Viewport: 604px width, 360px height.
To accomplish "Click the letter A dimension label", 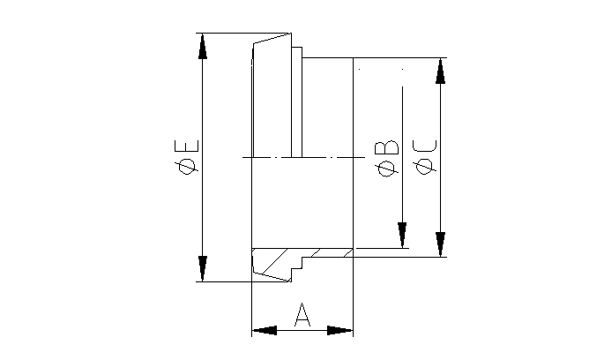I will [302, 315].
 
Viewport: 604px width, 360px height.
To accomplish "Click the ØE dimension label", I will [188, 157].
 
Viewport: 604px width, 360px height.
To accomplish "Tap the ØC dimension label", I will [425, 157].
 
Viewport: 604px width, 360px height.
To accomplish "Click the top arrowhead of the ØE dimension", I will [203, 46].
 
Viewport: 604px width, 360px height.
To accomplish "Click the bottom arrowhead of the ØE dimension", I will [203, 269].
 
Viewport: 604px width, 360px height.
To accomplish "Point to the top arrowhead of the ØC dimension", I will [440, 71].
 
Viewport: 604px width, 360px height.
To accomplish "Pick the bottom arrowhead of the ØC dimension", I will [440, 244].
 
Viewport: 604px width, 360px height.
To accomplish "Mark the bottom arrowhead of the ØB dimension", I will [402, 236].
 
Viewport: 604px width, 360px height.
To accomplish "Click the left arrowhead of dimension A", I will [264, 331].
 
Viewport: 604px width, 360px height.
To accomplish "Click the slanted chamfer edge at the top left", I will [271, 39].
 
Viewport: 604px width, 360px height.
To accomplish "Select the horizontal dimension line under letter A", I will [302, 331].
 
